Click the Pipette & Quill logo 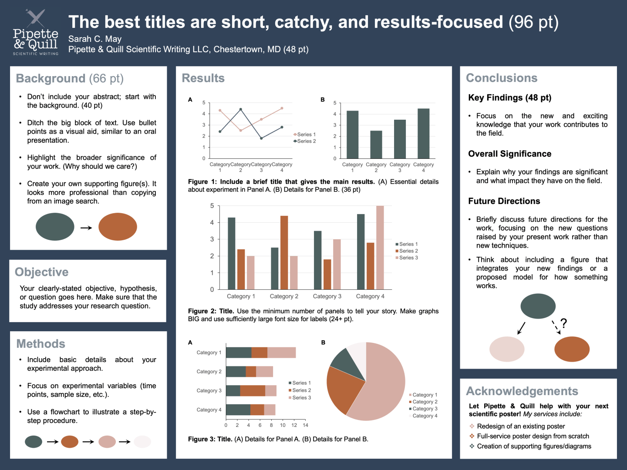tap(35, 33)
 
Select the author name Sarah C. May tap(95, 39)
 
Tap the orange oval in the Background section tap(118, 227)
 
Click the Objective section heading tap(42, 272)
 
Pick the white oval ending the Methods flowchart tap(142, 442)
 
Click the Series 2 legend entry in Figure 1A tap(306, 141)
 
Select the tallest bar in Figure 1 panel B tap(423, 133)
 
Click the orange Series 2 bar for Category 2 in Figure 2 tap(284, 252)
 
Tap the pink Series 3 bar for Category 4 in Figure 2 tap(380, 247)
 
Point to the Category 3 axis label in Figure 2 tap(327, 296)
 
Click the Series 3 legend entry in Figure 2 tap(408, 258)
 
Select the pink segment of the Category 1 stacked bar tap(281, 352)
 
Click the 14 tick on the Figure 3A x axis tap(305, 425)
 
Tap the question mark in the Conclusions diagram tap(563, 323)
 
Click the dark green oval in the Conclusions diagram tap(538, 306)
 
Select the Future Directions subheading tap(504, 201)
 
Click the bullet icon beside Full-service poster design tap(472, 436)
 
